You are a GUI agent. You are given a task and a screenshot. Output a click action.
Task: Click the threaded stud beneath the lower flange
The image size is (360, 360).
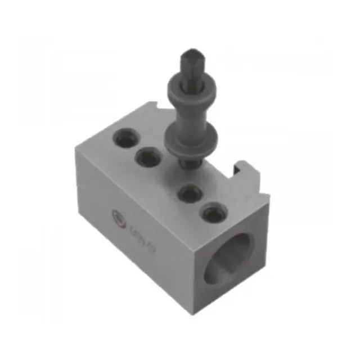[x=187, y=161]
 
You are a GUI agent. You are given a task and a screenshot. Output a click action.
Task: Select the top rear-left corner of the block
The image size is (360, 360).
[x=76, y=147]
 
